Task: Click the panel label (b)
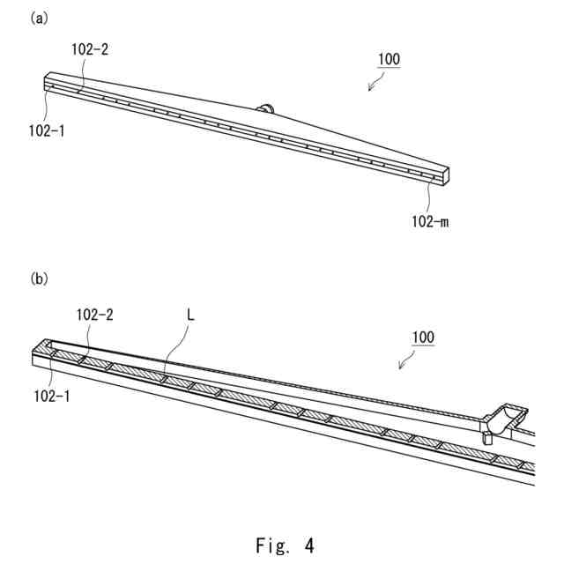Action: [x=39, y=278]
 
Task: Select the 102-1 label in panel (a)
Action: [x=46, y=130]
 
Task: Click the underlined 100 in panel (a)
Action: [x=389, y=60]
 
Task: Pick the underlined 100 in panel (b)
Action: [x=423, y=337]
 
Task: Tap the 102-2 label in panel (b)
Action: [x=94, y=315]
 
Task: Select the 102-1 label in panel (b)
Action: [x=52, y=396]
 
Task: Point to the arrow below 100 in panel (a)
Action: [x=375, y=84]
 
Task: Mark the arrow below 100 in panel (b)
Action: [x=407, y=361]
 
